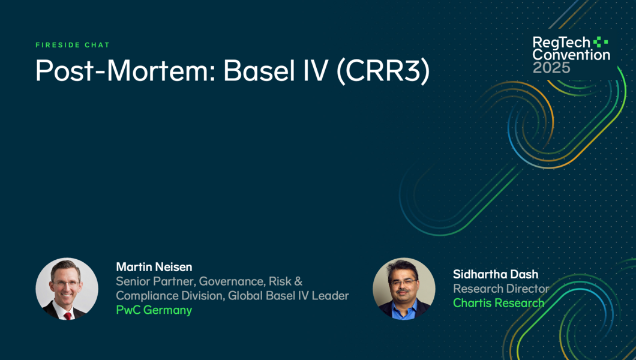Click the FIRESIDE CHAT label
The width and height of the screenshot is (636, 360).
pyautogui.click(x=73, y=45)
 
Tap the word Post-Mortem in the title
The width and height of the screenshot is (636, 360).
pyautogui.click(x=123, y=71)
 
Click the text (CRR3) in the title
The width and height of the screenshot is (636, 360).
pyautogui.click(x=382, y=72)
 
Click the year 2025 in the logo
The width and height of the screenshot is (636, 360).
pyautogui.click(x=551, y=68)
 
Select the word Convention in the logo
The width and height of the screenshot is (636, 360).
pyautogui.click(x=571, y=55)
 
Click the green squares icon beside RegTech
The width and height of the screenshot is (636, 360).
pyautogui.click(x=601, y=42)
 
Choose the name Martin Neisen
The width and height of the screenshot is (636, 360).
pyautogui.click(x=154, y=267)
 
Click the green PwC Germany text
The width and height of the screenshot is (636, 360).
pyautogui.click(x=154, y=310)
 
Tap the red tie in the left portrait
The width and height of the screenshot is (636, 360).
pyautogui.click(x=68, y=315)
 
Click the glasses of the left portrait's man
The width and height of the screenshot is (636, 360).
pyautogui.click(x=65, y=283)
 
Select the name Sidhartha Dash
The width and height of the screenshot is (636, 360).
pyautogui.click(x=496, y=274)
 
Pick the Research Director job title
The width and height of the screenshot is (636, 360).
pyautogui.click(x=502, y=289)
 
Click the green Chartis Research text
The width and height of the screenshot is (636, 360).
pyautogui.click(x=499, y=303)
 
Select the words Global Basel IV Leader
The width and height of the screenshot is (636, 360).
pyautogui.click(x=289, y=296)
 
